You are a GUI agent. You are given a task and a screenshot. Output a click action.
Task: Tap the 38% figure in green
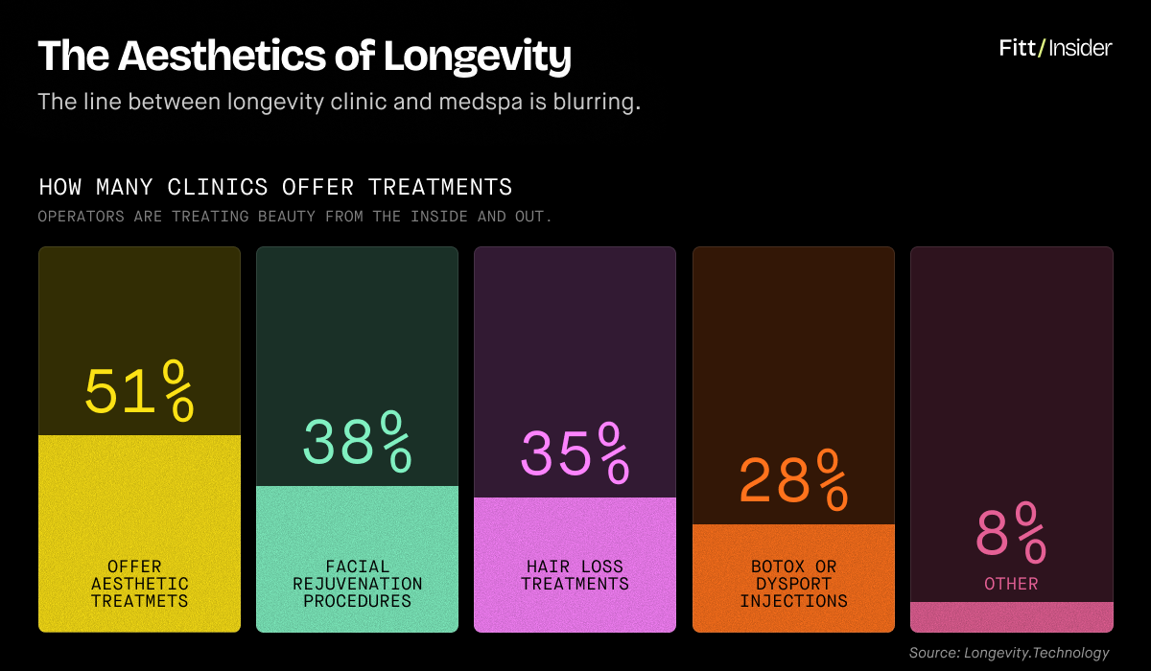[357, 441]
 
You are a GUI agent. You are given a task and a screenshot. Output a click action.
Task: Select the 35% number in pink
[575, 452]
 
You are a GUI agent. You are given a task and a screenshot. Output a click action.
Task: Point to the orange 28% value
[793, 479]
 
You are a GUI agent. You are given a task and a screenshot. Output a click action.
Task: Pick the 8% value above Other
[1011, 532]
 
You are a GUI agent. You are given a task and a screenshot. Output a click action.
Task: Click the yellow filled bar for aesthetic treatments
[139, 498]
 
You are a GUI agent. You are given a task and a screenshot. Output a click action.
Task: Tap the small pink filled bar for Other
[1011, 616]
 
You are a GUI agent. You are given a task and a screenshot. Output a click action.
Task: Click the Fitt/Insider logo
[1055, 48]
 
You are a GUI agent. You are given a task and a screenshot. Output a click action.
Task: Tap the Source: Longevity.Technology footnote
[1009, 653]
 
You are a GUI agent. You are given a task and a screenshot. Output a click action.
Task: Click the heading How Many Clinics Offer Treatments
[275, 186]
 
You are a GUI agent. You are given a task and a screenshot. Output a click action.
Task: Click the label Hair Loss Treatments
[575, 575]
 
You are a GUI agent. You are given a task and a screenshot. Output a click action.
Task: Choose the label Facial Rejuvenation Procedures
[357, 584]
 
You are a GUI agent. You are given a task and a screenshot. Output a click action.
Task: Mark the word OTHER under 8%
[1011, 584]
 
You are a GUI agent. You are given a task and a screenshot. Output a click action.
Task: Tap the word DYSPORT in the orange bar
[793, 584]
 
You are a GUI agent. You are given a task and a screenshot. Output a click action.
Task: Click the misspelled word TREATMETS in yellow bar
[139, 601]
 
